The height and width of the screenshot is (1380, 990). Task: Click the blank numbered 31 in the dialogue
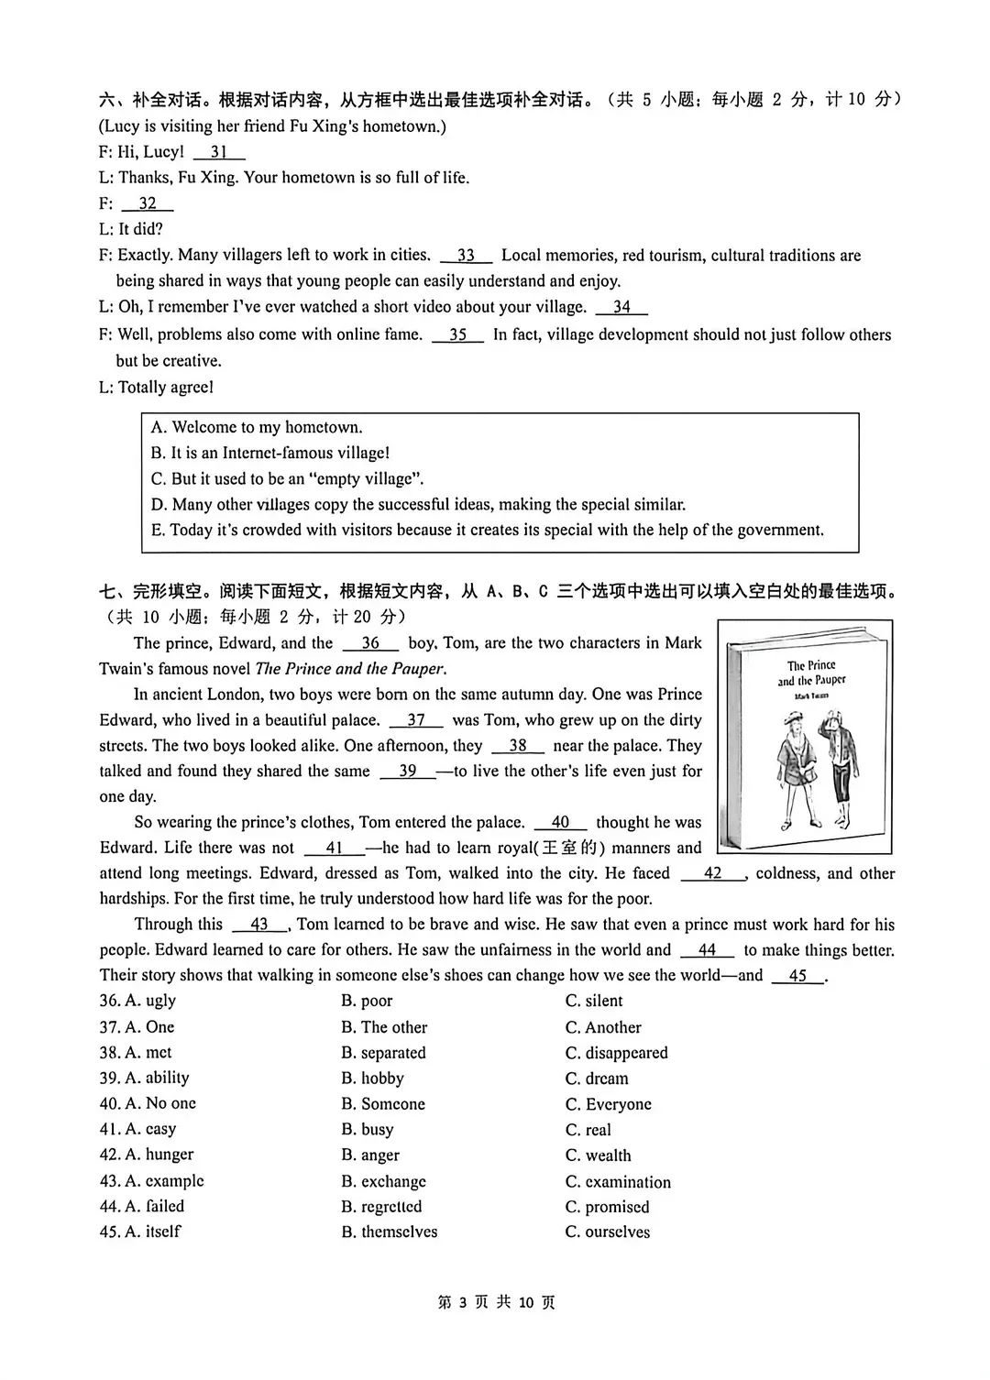click(219, 152)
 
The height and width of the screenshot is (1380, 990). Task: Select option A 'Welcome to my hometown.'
click(258, 427)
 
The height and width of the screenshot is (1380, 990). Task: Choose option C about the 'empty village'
click(287, 478)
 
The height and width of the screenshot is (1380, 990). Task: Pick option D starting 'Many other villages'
click(418, 504)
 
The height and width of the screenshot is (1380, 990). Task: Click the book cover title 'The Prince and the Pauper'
click(811, 674)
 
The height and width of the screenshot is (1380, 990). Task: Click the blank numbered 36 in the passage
click(370, 643)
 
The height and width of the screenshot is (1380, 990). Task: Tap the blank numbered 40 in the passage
click(560, 823)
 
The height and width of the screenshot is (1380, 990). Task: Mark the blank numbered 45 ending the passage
click(797, 976)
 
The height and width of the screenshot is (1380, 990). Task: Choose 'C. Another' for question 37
click(603, 1027)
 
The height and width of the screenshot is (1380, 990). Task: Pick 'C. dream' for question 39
click(597, 1079)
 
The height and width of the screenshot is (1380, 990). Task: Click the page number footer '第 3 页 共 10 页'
click(496, 1302)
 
